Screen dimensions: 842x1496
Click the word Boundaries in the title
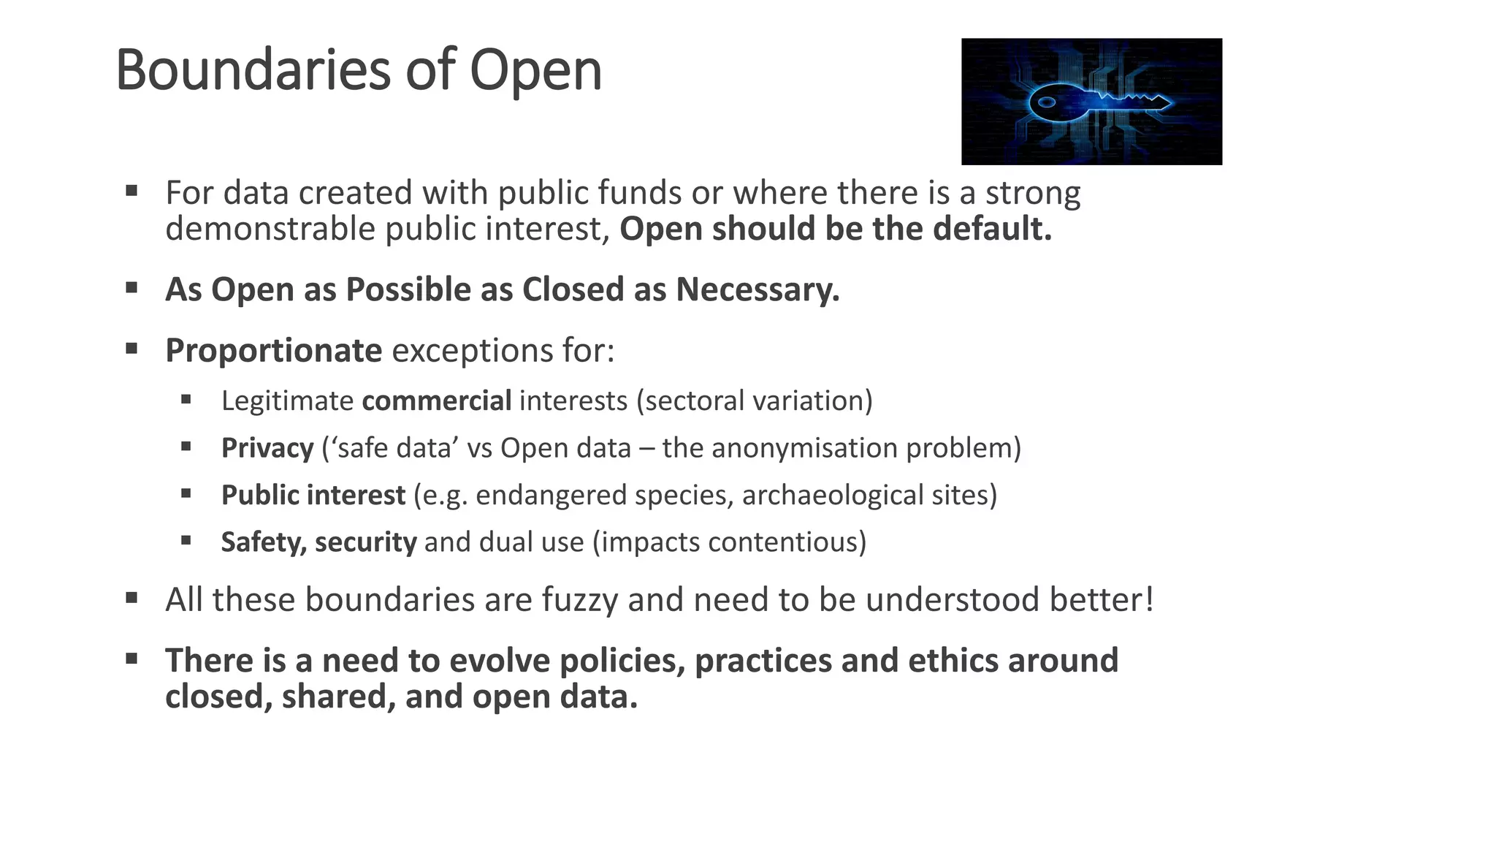tap(254, 70)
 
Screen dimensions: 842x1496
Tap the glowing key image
tap(1091, 102)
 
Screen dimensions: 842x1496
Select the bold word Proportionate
tap(273, 351)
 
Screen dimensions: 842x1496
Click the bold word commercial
tap(437, 401)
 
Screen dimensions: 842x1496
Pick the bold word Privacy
tap(267, 448)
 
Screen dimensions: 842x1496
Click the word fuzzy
tap(581, 600)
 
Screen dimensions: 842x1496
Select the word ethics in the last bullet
tap(953, 661)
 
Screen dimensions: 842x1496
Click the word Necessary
tap(757, 289)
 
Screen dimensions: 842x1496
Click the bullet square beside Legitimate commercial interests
tap(186, 400)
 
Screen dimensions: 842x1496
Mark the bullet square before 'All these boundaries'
tap(131, 599)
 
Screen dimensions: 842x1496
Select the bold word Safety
tap(264, 542)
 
